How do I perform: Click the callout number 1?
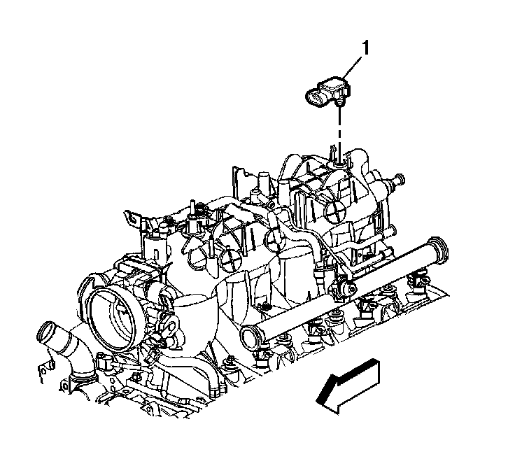(365, 48)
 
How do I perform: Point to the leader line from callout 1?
(353, 68)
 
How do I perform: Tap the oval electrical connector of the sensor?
(316, 98)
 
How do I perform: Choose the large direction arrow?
(348, 385)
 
